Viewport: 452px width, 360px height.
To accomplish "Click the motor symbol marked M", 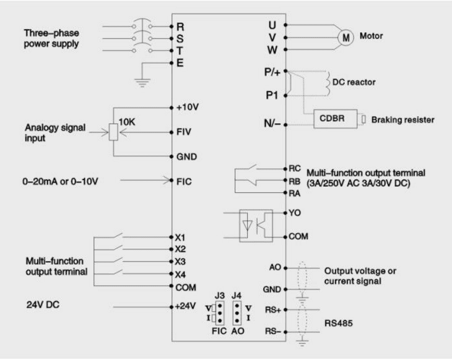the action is (x=346, y=38).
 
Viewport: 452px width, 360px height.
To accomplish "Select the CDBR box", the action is (x=335, y=119).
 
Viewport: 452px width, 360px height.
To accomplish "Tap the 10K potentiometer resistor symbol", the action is (x=113, y=132).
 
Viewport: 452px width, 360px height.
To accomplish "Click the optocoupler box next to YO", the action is (x=256, y=226).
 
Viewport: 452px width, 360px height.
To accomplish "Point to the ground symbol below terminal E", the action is (x=142, y=83).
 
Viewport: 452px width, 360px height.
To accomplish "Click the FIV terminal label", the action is (x=184, y=132).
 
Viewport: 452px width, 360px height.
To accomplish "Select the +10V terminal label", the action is (x=188, y=107).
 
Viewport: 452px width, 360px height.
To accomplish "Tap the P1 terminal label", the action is (x=272, y=95).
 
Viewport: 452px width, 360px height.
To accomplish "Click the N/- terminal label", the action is (x=272, y=124).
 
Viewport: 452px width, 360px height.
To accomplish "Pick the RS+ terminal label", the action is (x=272, y=310).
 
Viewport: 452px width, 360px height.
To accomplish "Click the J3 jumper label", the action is (x=219, y=296).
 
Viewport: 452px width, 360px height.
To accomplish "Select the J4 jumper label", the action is (x=237, y=296).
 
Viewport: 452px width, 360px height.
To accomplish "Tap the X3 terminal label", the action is (x=180, y=262).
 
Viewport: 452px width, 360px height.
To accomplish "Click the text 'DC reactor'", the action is (x=354, y=82).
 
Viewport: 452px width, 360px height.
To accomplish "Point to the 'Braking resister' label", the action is (x=402, y=120).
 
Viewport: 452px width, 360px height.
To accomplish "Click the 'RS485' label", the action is (x=339, y=323).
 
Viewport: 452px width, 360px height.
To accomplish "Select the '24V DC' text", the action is (x=43, y=305).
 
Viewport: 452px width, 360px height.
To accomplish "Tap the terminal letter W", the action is (x=272, y=50).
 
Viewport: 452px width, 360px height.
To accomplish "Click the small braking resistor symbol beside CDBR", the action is (x=364, y=119).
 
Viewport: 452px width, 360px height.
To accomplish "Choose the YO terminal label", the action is (x=295, y=213).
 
